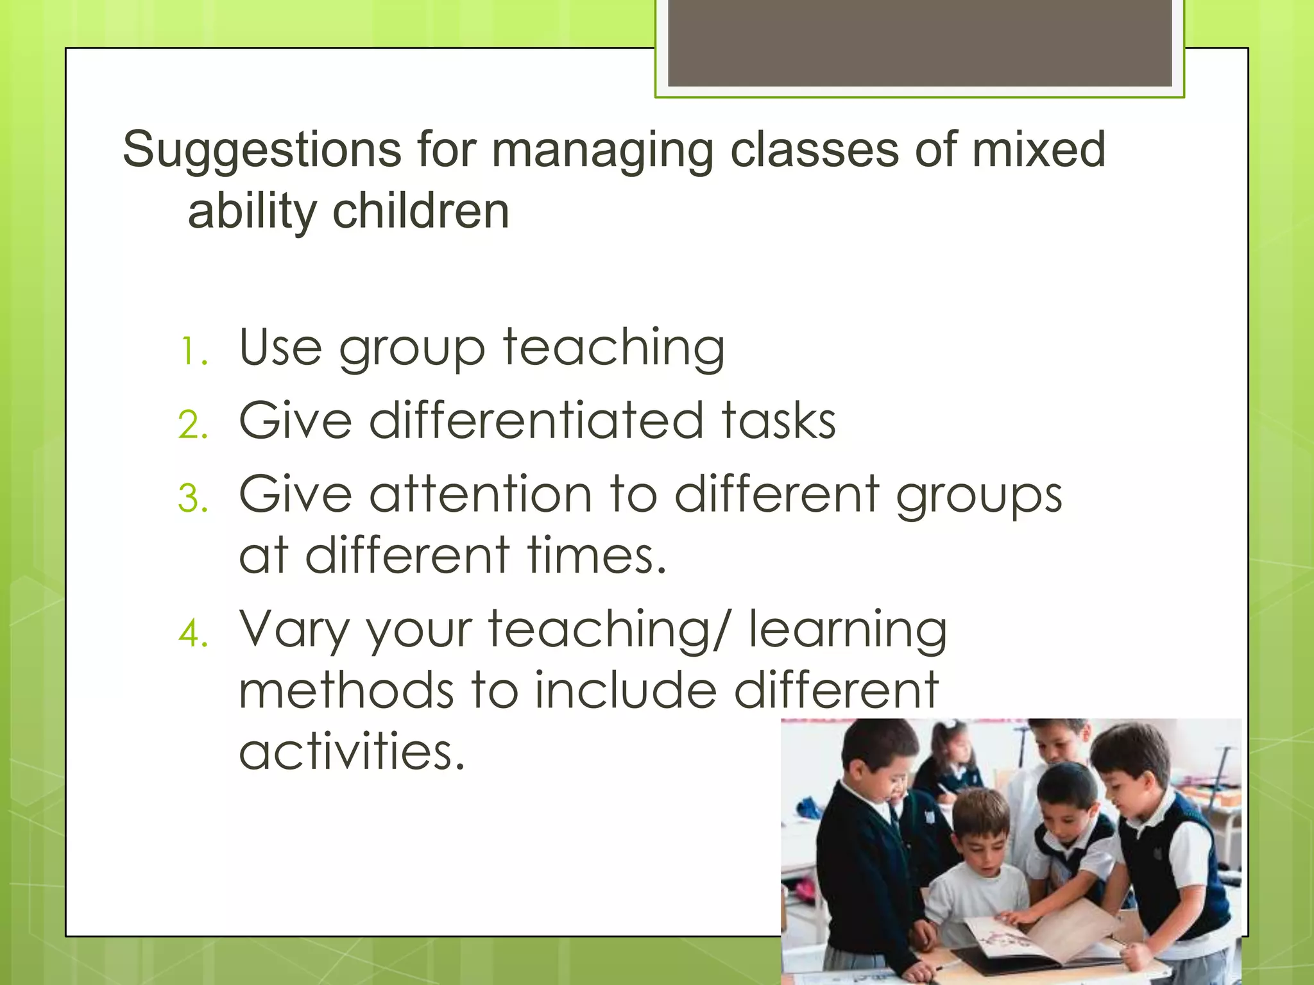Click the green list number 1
tap(192, 352)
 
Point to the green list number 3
tap(193, 499)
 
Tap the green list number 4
tap(193, 635)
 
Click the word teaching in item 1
tap(613, 348)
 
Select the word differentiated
tap(536, 421)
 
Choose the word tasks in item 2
tap(778, 421)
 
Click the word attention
tap(481, 495)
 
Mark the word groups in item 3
tap(978, 496)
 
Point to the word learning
tap(848, 631)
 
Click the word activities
tap(352, 752)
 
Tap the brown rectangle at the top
tap(919, 43)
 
